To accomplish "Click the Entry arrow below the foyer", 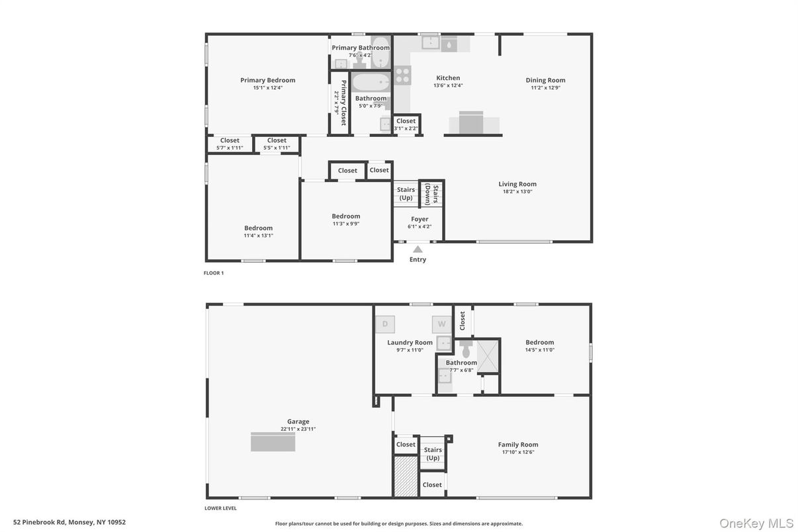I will pos(418,249).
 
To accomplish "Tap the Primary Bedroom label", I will pos(267,80).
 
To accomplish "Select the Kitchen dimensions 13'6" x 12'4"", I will pos(448,85).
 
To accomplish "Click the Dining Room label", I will pos(545,80).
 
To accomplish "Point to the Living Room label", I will pos(517,184).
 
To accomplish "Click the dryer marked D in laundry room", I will pos(384,324).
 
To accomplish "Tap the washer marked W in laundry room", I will pos(441,324).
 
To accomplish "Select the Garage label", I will pos(298,421).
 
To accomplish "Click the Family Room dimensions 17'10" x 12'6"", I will pos(517,452).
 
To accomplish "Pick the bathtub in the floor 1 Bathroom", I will pos(371,83).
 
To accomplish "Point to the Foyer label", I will pos(420,219).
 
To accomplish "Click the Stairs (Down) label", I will pos(431,195).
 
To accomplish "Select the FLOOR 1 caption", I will pos(214,273).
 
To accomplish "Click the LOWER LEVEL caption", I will pos(220,508).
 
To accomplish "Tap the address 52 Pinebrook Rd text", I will pos(69,522).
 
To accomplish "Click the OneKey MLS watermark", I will pos(756,523).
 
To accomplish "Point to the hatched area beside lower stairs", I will pos(406,476).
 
